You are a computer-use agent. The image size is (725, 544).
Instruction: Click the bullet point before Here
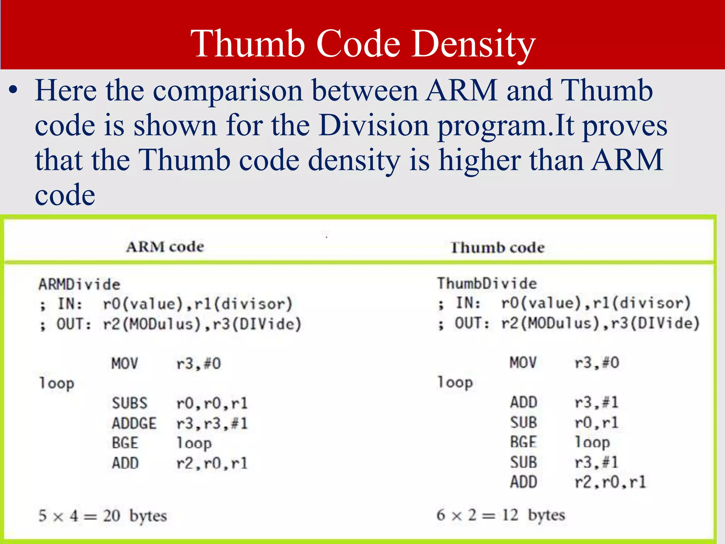point(13,91)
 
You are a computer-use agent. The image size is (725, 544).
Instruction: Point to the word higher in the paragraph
point(479,160)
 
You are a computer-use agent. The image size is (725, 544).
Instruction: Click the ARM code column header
point(165,247)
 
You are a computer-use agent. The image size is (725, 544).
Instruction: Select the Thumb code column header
point(497,248)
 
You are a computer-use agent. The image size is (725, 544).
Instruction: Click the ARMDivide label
point(79,284)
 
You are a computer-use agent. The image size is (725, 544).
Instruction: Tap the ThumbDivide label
point(487,283)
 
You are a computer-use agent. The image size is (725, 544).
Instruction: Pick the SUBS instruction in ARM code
point(129,403)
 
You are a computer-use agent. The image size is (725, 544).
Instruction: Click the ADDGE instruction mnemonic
point(134,424)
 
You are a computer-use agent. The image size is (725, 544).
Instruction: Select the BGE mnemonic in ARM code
point(125,443)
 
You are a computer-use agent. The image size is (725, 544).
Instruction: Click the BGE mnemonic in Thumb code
point(523,442)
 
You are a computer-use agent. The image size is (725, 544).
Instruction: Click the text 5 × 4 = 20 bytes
point(102,516)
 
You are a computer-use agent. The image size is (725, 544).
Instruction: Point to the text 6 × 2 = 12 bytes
point(501,515)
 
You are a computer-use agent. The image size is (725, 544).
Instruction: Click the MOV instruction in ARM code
point(125,364)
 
